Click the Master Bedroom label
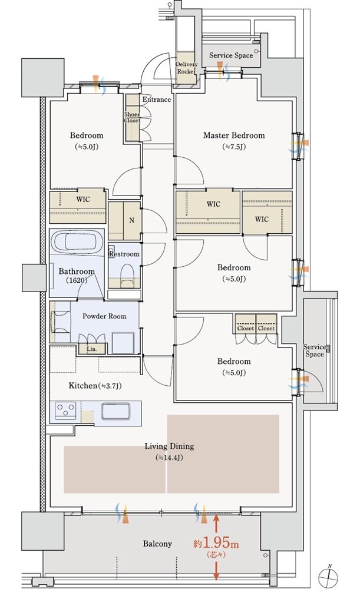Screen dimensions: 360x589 [x=234, y=135]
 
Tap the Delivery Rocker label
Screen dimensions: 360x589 [x=186, y=68]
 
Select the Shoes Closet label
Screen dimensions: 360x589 [x=133, y=117]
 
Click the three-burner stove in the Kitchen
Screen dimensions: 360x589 [x=66, y=410]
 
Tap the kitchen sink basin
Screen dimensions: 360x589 [x=116, y=412]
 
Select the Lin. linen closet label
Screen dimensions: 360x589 [x=92, y=349]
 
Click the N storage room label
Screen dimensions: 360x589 [x=131, y=220]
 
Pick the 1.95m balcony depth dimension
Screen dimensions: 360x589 [x=216, y=544]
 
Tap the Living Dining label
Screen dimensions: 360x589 [x=170, y=446]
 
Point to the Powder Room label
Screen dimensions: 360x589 [x=104, y=316]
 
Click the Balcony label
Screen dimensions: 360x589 [x=157, y=544]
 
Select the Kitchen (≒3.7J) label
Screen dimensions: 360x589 [x=95, y=385]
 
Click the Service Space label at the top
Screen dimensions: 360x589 [x=231, y=55]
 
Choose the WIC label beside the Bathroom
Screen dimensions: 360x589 [x=83, y=199]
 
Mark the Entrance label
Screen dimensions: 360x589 [x=157, y=100]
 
